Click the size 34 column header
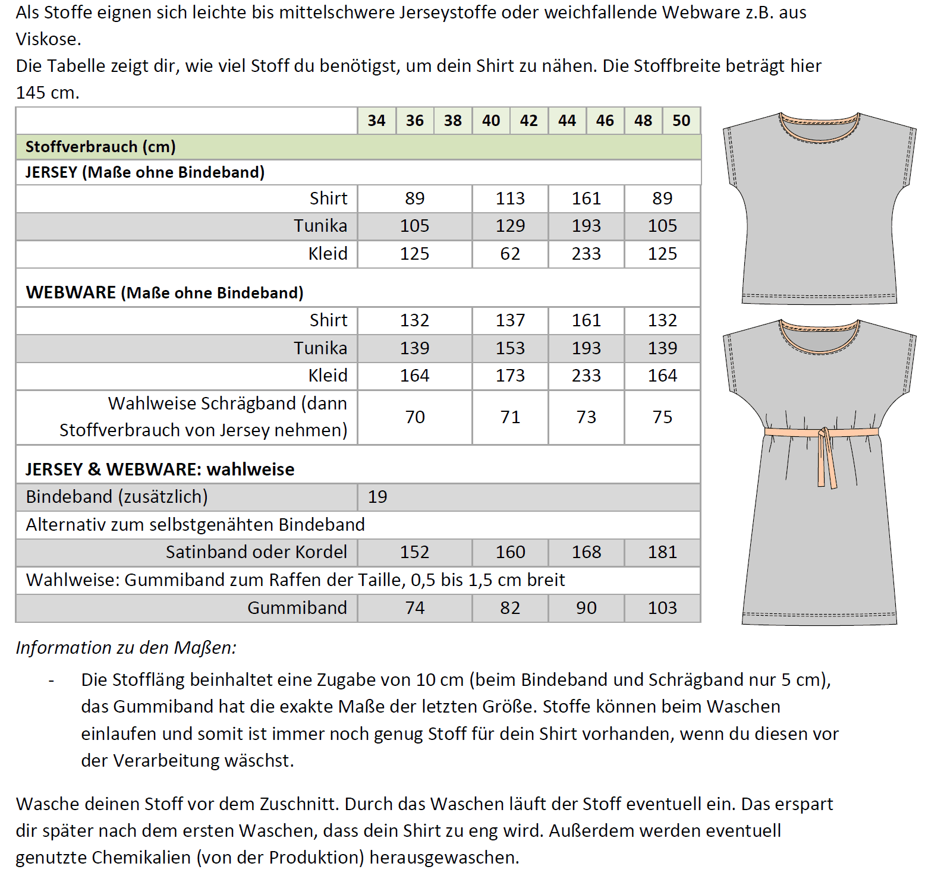click(x=376, y=121)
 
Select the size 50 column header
click(x=681, y=121)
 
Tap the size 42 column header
click(x=528, y=121)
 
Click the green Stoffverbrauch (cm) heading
click(x=100, y=147)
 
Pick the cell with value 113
click(x=510, y=199)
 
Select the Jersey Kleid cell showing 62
click(x=510, y=254)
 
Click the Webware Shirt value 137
click(x=510, y=320)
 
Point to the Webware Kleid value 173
click(x=510, y=376)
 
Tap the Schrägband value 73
click(x=586, y=417)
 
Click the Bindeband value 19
click(x=377, y=497)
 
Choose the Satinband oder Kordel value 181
click(x=662, y=552)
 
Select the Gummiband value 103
click(x=662, y=608)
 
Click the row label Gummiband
click(x=297, y=608)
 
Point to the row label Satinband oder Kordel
click(x=256, y=552)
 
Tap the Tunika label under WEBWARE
click(x=320, y=348)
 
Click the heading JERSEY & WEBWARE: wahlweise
click(x=160, y=470)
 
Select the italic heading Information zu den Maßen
click(x=126, y=647)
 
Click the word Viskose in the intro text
click(x=48, y=39)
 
